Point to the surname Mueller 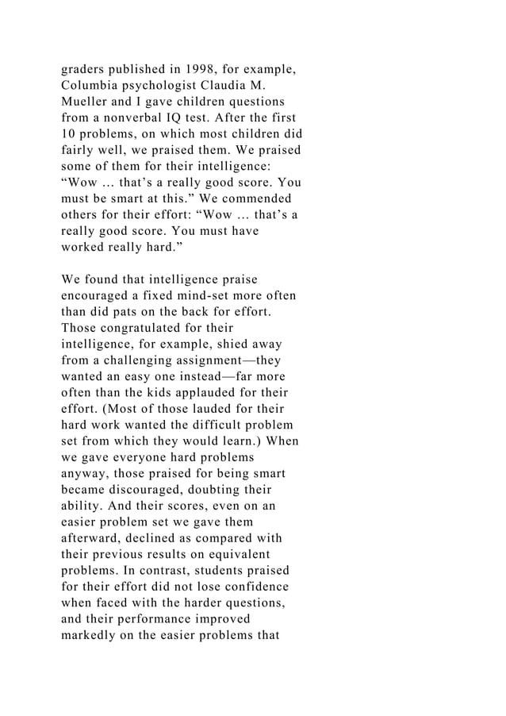click(x=86, y=102)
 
